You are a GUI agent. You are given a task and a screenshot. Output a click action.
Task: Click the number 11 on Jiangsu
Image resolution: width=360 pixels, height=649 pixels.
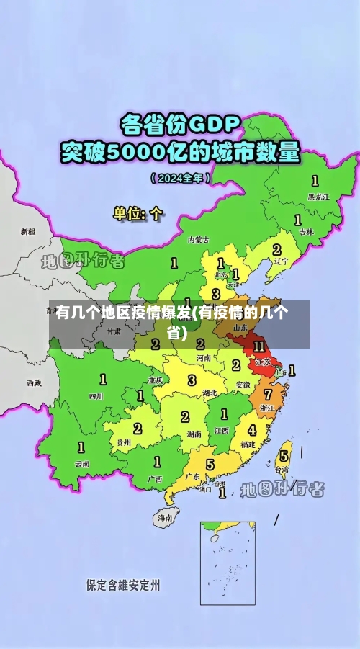point(259,346)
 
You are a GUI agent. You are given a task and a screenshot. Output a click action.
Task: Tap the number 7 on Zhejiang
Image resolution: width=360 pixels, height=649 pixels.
point(268,395)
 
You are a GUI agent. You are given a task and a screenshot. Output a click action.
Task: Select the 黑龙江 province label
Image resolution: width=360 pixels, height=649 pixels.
point(318,196)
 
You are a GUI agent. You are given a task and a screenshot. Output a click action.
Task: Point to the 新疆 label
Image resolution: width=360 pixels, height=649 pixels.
point(27,232)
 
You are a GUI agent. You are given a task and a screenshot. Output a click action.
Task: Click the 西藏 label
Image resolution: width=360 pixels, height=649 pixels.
point(34,382)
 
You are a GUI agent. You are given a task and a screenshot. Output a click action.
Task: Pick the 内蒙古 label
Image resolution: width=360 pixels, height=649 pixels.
point(198,239)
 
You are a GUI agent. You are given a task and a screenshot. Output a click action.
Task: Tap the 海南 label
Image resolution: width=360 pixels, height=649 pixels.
point(165,517)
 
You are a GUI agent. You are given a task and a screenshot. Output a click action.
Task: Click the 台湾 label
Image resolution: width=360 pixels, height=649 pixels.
point(282,469)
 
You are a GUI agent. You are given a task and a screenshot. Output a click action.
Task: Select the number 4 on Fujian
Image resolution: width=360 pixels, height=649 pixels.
point(251,430)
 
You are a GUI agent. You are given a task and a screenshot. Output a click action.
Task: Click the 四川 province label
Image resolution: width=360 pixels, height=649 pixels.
point(96,395)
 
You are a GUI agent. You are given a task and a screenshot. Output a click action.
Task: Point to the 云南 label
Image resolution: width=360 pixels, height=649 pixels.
point(82,464)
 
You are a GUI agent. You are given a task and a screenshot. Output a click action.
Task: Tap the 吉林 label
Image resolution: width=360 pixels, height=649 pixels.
point(307,232)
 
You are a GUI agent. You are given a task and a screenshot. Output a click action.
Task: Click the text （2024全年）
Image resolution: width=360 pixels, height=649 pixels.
point(181,176)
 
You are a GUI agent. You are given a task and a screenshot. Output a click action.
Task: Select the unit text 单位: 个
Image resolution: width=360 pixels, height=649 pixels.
point(138,213)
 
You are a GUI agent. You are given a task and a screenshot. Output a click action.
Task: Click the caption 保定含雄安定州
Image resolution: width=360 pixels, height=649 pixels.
point(123,585)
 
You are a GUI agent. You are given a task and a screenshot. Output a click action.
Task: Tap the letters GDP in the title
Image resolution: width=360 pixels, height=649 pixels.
point(213,124)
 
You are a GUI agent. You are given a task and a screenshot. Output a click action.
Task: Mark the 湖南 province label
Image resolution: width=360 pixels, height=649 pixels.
point(194,434)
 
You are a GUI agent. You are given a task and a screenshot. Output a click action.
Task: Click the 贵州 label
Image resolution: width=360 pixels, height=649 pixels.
point(124,442)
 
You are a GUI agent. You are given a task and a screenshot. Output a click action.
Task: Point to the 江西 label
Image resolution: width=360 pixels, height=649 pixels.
point(222,430)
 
